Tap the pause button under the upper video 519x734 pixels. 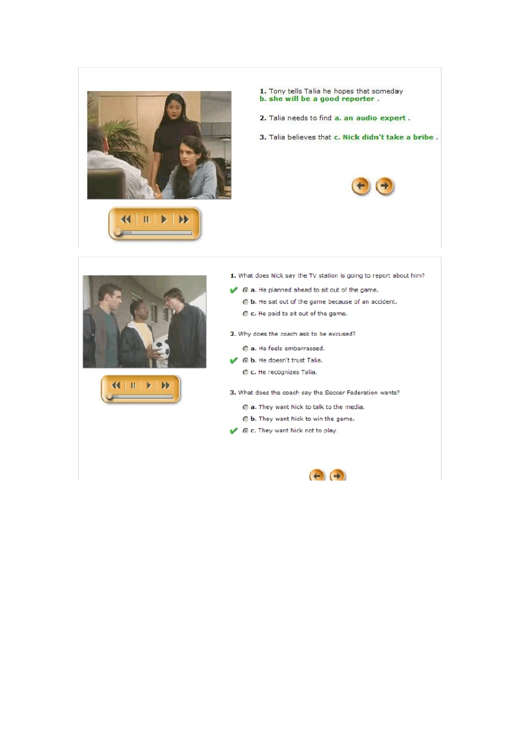(x=146, y=220)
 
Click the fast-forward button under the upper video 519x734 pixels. (x=184, y=220)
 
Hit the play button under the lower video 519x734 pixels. (x=149, y=386)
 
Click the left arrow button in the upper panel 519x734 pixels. (x=361, y=186)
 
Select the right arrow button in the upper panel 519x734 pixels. (x=385, y=186)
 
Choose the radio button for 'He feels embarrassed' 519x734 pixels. (x=245, y=348)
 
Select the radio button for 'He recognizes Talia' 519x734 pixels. (x=245, y=372)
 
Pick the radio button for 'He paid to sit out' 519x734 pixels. (x=245, y=314)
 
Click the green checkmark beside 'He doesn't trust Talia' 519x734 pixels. (x=234, y=360)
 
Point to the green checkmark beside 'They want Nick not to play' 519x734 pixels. (x=234, y=431)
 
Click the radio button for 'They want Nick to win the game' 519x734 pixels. (x=245, y=419)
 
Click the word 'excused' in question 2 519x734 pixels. (x=343, y=334)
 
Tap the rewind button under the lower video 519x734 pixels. (x=116, y=386)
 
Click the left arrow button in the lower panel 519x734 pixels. (x=317, y=476)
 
